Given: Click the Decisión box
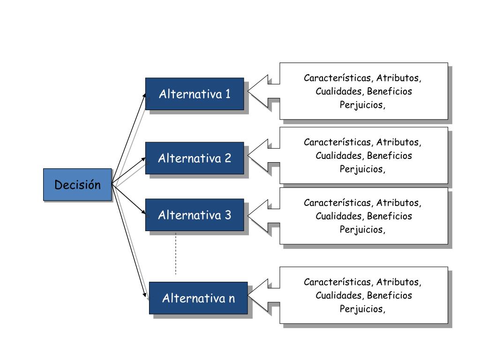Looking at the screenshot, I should (x=77, y=185).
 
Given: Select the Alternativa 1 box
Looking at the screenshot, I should (x=195, y=94).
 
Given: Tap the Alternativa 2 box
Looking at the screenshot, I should (x=195, y=158).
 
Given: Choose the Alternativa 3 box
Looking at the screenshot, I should (x=195, y=215).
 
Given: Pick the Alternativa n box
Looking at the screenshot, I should (x=198, y=298).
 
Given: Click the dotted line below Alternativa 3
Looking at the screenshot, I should (x=176, y=253).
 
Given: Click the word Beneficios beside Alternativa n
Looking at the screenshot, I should (x=390, y=295).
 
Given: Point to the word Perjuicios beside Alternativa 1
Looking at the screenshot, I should (x=362, y=105).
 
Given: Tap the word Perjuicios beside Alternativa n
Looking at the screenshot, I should (x=362, y=309).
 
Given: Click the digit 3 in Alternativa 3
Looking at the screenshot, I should (x=228, y=215).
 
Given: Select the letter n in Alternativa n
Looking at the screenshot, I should (x=232, y=298).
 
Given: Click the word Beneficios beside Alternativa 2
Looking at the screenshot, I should (x=390, y=155).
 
